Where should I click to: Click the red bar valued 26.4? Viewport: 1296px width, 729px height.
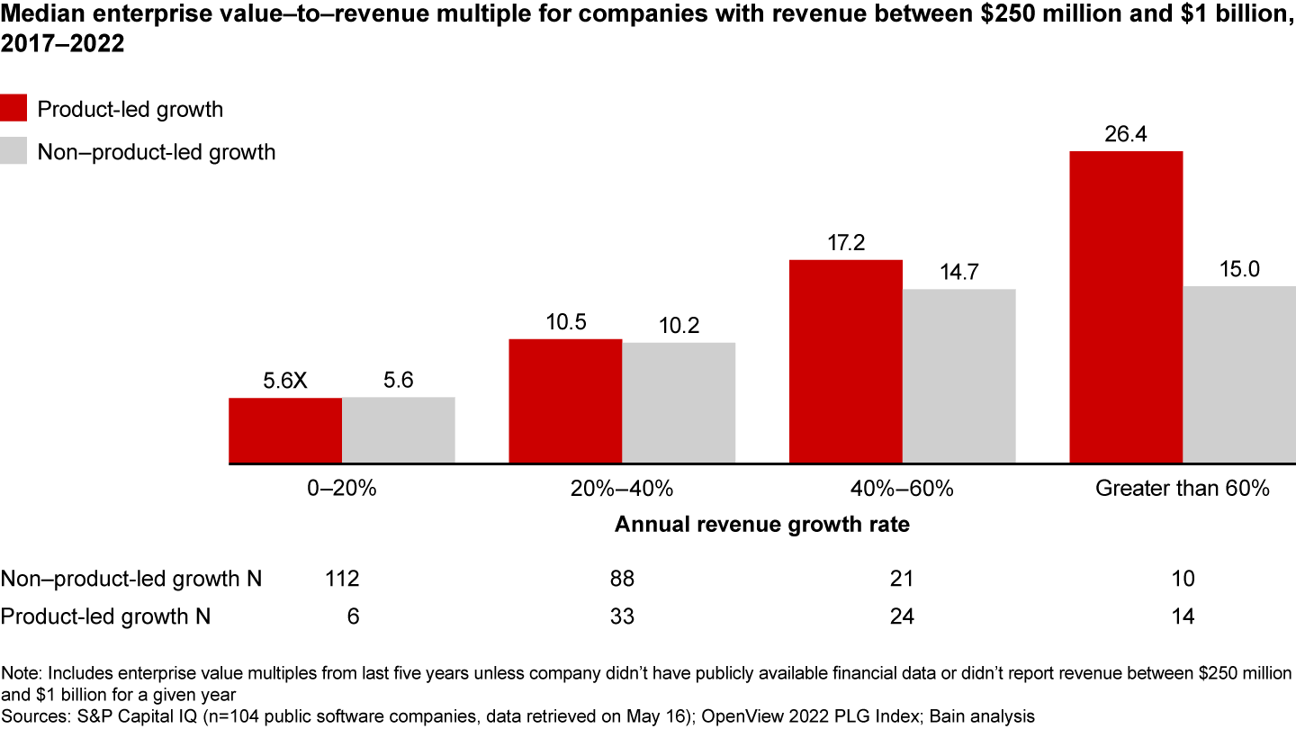click(x=1126, y=307)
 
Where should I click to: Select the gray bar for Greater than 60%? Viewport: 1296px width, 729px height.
click(x=1239, y=374)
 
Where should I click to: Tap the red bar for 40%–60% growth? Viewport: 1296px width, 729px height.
click(x=846, y=362)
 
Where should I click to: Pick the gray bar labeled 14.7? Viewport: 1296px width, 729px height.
click(x=959, y=376)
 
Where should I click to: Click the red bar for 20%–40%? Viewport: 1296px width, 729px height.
click(x=565, y=401)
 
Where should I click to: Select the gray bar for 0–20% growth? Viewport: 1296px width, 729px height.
click(x=398, y=430)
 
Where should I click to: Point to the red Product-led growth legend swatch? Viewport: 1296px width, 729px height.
click(x=13, y=109)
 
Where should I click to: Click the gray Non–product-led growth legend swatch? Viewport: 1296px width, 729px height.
click(x=13, y=152)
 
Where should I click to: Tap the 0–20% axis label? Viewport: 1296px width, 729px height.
click(x=341, y=489)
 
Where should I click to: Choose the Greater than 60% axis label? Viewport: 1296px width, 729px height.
click(x=1182, y=489)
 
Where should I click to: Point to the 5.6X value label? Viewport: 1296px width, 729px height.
click(x=285, y=382)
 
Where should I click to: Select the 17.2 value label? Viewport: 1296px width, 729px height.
click(x=846, y=244)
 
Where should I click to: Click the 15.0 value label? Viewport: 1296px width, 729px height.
click(x=1239, y=270)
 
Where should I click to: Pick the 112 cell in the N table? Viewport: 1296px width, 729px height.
click(x=342, y=579)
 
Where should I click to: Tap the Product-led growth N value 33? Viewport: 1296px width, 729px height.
click(x=622, y=616)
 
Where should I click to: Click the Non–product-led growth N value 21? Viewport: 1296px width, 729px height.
click(x=903, y=579)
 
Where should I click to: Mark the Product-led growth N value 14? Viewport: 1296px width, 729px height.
click(x=1183, y=616)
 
